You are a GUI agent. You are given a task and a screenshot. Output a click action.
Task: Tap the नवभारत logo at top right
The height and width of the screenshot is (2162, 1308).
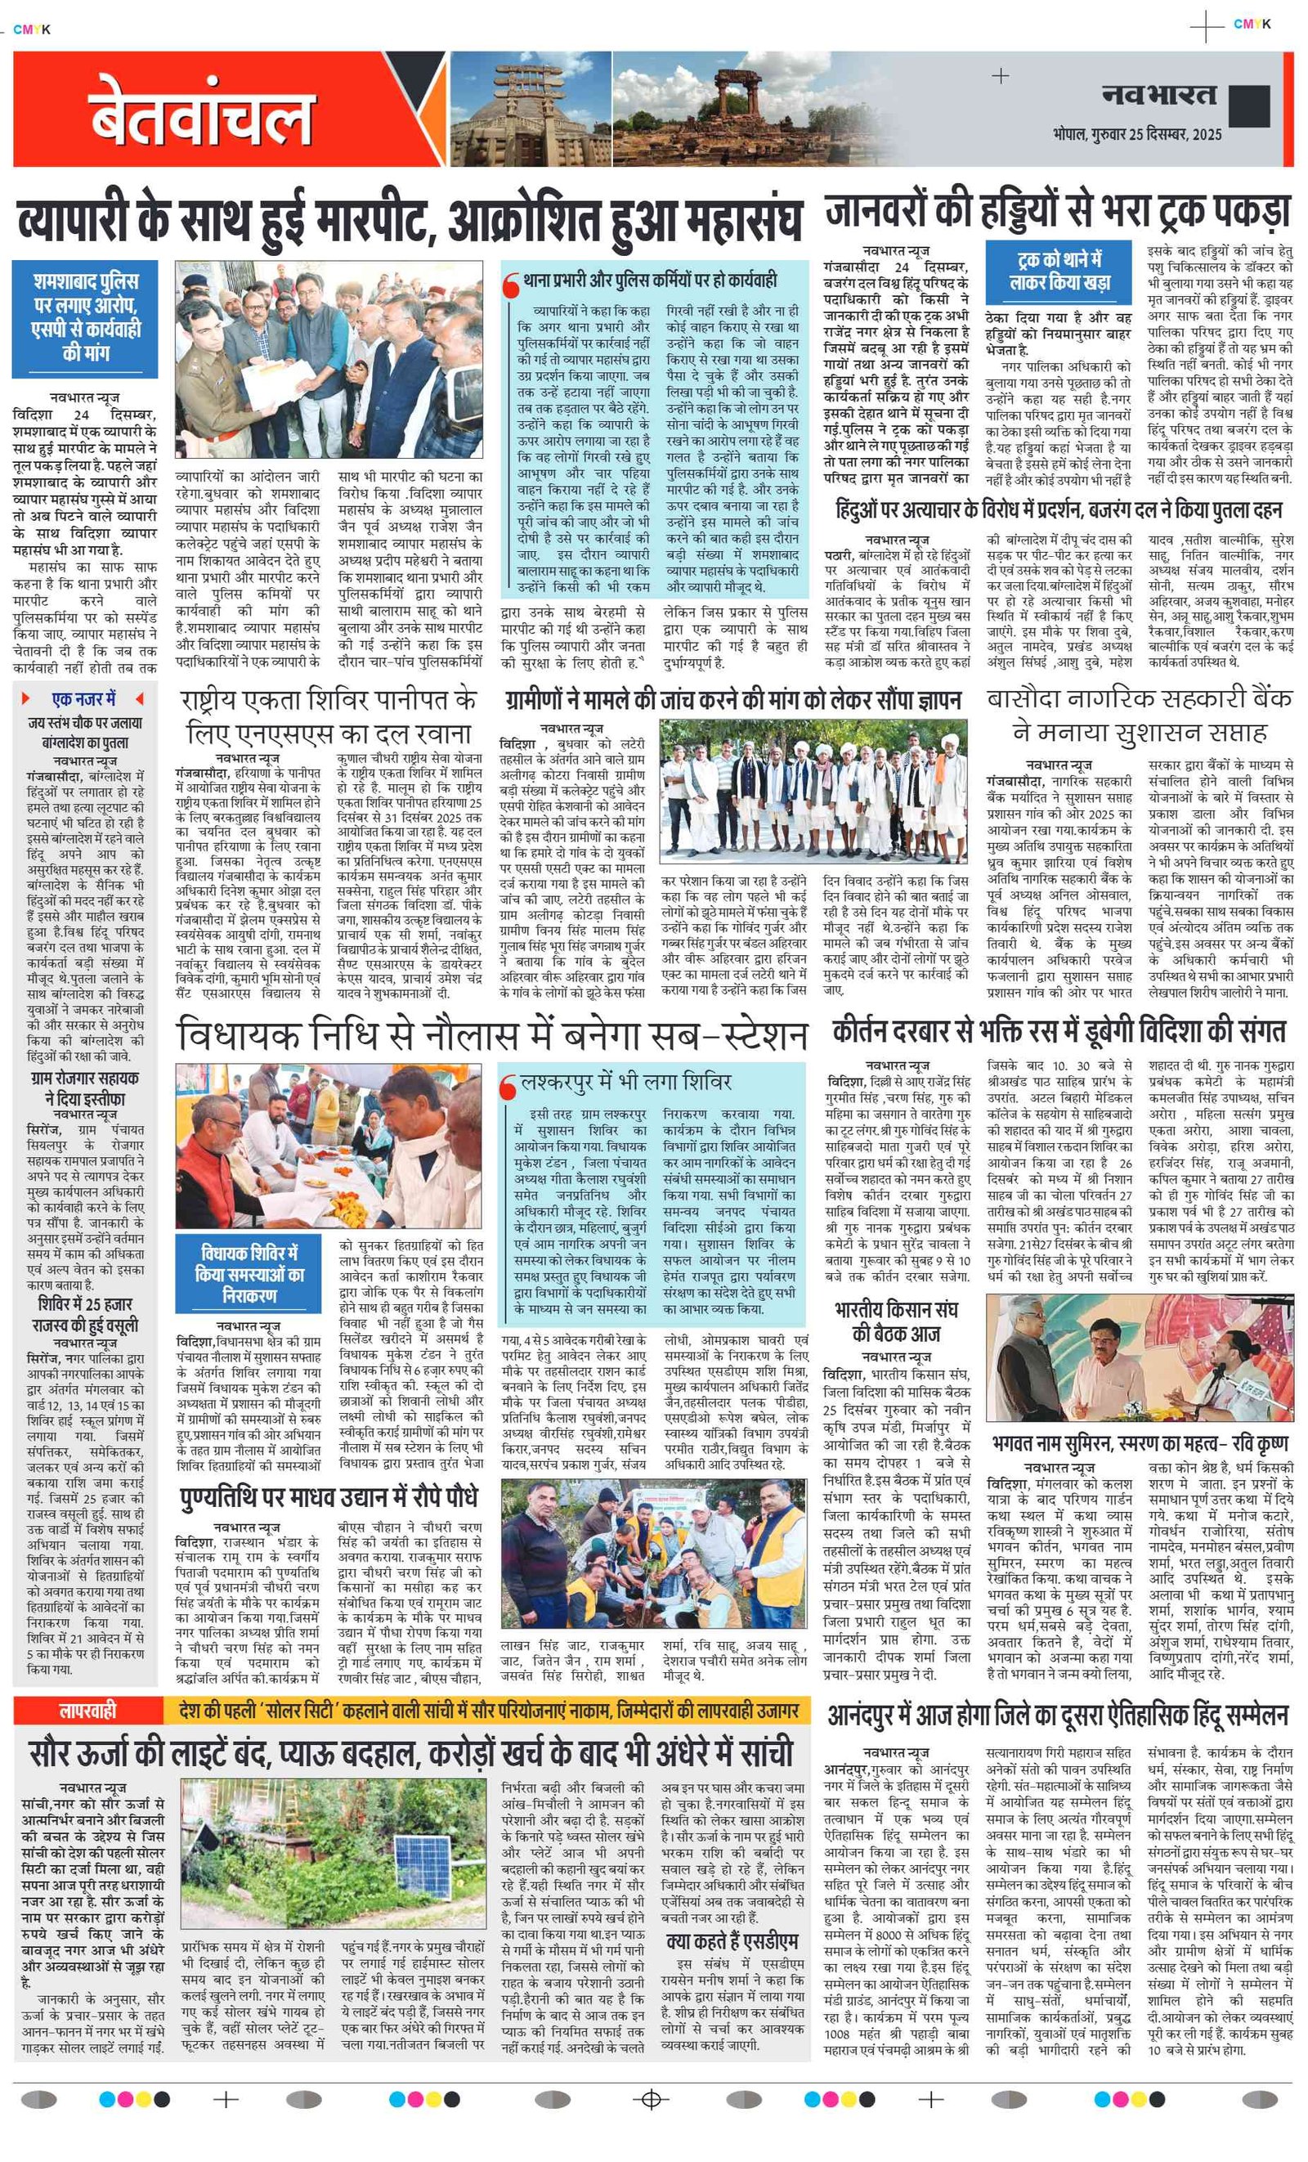(1158, 95)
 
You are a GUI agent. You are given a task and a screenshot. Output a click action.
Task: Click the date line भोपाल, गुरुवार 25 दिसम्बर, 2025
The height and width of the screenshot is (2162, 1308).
(1136, 134)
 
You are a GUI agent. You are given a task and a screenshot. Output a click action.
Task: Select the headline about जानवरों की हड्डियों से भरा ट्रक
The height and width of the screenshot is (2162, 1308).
(1057, 212)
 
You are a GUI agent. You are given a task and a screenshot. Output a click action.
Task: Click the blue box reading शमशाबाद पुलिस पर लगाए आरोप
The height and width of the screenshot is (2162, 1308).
(85, 316)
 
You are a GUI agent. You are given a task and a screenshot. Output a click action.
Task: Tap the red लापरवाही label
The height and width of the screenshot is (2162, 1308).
(87, 1709)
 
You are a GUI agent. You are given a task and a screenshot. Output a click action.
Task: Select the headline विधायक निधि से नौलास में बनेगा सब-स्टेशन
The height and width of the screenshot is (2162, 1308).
(491, 1035)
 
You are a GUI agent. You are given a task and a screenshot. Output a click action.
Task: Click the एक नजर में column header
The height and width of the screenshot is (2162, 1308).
(83, 698)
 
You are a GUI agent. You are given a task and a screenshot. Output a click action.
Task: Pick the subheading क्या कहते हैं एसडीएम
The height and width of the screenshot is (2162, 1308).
(732, 1941)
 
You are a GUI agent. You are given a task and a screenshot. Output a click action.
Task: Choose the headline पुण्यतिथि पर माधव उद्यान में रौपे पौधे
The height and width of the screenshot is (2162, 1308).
(329, 1498)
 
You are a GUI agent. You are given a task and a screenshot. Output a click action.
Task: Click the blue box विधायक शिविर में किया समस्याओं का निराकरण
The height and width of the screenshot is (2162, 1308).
(250, 1273)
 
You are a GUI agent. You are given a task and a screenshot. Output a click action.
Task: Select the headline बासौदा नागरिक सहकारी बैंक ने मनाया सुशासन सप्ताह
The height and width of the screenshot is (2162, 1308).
(1139, 715)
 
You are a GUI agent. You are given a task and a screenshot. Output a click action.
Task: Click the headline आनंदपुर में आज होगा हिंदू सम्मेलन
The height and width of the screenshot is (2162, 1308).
(1057, 1715)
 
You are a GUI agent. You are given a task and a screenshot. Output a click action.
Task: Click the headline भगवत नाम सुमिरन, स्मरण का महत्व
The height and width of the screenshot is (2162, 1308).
(1140, 1443)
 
